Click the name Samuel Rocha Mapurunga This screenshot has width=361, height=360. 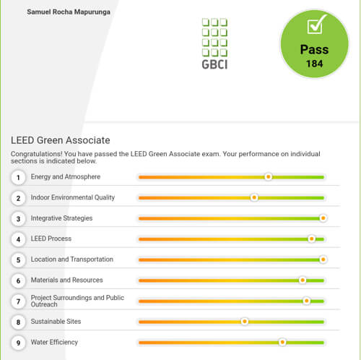pyautogui.click(x=69, y=12)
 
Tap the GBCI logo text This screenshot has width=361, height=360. pyautogui.click(x=214, y=64)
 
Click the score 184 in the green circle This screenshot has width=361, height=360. pyautogui.click(x=314, y=64)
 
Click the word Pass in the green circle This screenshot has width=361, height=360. pyautogui.click(x=314, y=50)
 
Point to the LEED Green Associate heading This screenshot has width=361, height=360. pyautogui.click(x=61, y=140)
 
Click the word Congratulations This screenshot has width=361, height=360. pyautogui.click(x=37, y=154)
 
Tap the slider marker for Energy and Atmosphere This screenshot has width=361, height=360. pyautogui.click(x=268, y=177)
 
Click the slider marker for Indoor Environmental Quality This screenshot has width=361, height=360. pyautogui.click(x=254, y=197)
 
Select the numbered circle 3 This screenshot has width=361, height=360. pyautogui.click(x=18, y=219)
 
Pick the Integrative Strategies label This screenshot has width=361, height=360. pyautogui.click(x=61, y=218)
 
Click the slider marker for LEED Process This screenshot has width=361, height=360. pyautogui.click(x=311, y=239)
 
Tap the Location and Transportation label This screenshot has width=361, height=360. pyautogui.click(x=72, y=260)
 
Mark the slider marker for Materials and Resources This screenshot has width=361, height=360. pyautogui.click(x=303, y=280)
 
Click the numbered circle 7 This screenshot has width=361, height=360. pyautogui.click(x=18, y=301)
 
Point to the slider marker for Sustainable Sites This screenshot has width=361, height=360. pyautogui.click(x=245, y=322)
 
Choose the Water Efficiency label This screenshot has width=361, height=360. pyautogui.click(x=54, y=342)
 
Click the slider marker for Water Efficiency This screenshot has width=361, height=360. pyautogui.click(x=282, y=342)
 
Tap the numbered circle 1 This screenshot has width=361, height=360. pyautogui.click(x=18, y=178)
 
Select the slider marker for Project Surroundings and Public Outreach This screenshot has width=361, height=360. pyautogui.click(x=306, y=301)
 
